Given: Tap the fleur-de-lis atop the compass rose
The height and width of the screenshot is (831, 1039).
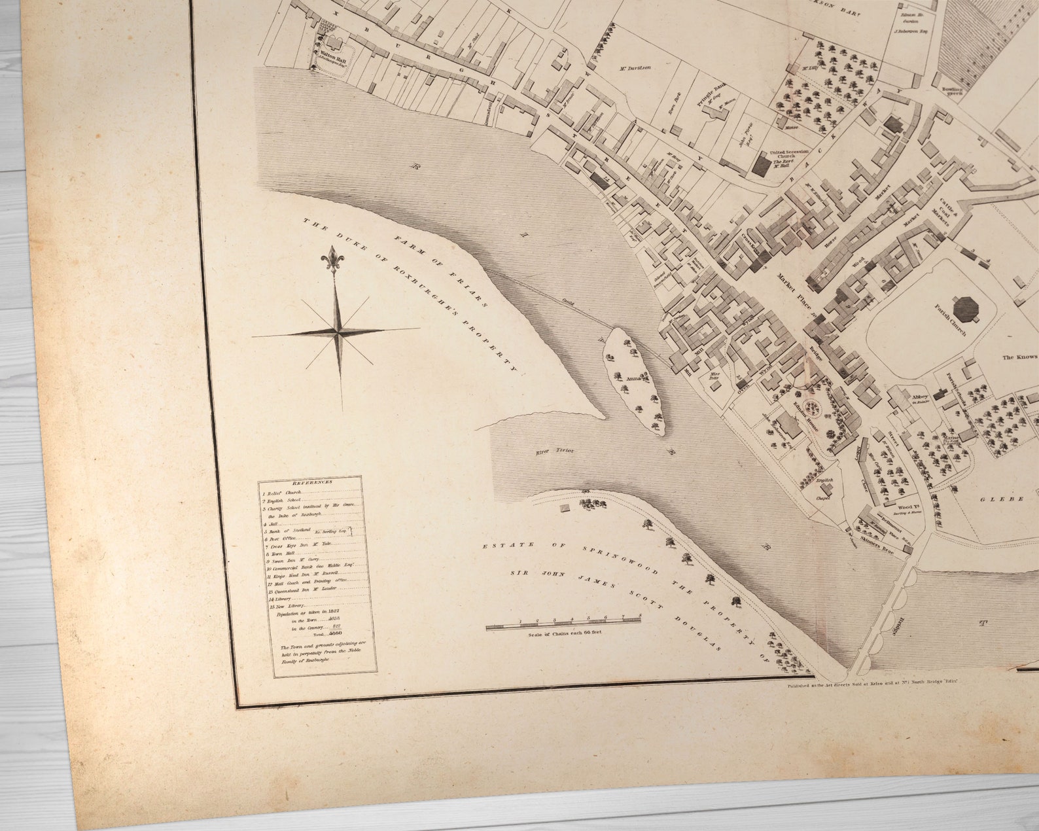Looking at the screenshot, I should tap(333, 260).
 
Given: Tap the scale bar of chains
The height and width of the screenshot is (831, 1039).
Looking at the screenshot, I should tap(563, 626).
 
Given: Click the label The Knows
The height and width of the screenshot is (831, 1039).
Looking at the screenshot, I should tap(1019, 357).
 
